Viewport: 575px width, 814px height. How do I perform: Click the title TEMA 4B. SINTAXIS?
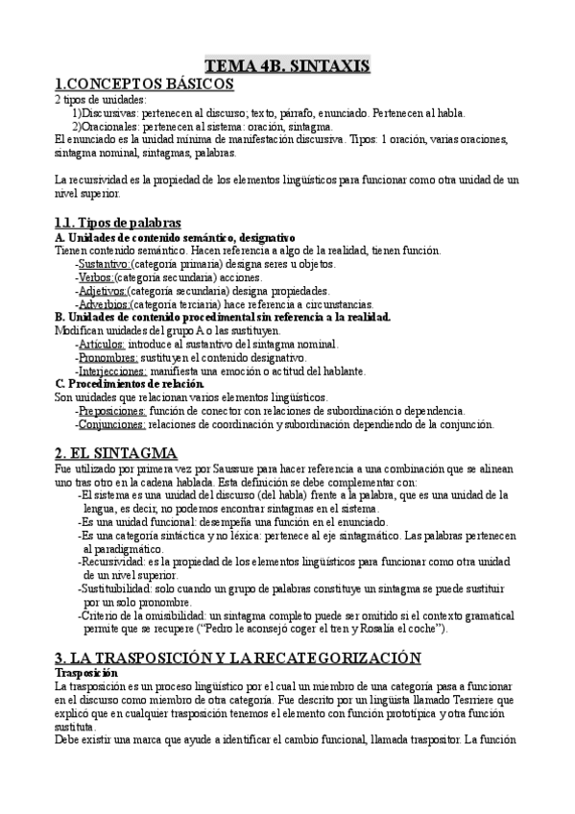point(287,65)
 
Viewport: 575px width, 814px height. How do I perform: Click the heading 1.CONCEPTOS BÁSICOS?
point(144,84)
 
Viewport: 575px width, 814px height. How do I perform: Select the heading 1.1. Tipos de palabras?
point(118,223)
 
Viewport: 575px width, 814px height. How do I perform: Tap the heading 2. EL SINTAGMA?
point(116,452)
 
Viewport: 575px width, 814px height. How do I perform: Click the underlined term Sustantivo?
point(105,263)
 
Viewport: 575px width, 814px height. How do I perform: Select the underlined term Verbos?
point(100,276)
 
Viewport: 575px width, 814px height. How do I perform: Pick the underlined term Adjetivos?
point(102,290)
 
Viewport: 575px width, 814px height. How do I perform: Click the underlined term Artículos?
point(100,344)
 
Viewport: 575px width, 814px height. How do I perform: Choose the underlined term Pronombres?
point(107,357)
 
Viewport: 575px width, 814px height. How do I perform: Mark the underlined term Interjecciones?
point(112,371)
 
